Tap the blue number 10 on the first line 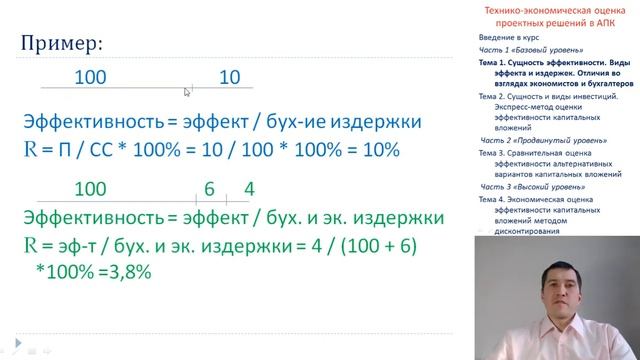pyautogui.click(x=230, y=77)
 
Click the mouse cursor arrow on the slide pyautogui.click(x=187, y=91)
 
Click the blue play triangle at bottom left pyautogui.click(x=8, y=351)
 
